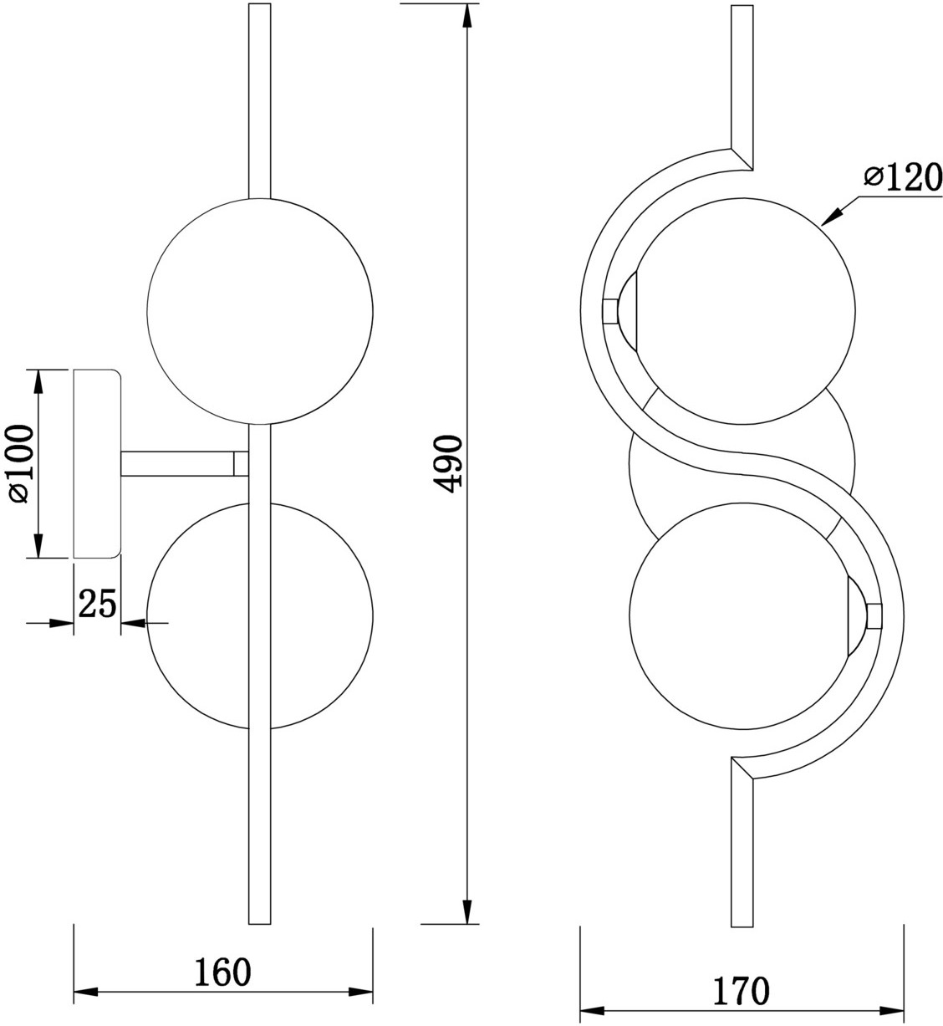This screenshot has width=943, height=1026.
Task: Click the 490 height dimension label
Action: (447, 464)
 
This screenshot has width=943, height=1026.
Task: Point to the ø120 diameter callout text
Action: (903, 177)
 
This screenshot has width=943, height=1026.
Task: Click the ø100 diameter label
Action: (20, 464)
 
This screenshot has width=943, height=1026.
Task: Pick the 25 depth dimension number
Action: (97, 603)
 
